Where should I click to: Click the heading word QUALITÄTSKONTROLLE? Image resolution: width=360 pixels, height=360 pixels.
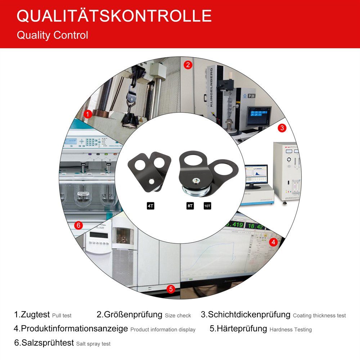tap(114, 16)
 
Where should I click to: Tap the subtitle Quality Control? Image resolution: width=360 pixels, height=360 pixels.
tap(52, 35)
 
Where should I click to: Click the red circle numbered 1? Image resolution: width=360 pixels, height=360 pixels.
tap(87, 114)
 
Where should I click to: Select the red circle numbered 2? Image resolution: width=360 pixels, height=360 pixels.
tap(188, 65)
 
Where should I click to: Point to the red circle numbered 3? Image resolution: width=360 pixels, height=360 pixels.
tap(282, 128)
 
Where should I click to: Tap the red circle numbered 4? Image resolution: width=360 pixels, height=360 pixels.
tap(273, 242)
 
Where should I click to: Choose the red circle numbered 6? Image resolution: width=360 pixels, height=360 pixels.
tap(79, 226)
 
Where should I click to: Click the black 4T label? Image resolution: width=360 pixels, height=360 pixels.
tap(151, 206)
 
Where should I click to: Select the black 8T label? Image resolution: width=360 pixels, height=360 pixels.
tap(190, 206)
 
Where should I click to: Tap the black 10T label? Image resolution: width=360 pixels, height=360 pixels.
tap(208, 206)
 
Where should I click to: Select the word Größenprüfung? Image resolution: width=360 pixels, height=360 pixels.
tap(130, 314)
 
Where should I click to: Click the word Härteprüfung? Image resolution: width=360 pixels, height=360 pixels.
tap(238, 328)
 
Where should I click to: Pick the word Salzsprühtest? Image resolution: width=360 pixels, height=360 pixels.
tap(44, 343)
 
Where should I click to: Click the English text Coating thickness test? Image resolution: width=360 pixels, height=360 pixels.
tap(319, 315)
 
